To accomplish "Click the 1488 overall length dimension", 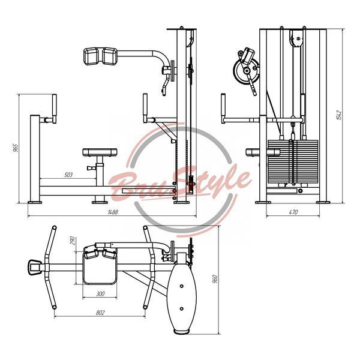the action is [113, 212].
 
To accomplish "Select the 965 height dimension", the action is [15, 148].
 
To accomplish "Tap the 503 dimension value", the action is [68, 175].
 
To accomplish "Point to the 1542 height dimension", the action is [339, 115].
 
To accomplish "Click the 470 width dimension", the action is [293, 212].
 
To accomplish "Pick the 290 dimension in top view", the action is [73, 241].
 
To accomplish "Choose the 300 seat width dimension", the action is [100, 294].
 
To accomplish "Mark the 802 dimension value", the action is [100, 313].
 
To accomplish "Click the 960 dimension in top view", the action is [215, 279].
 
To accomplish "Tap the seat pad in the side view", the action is [100, 152].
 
